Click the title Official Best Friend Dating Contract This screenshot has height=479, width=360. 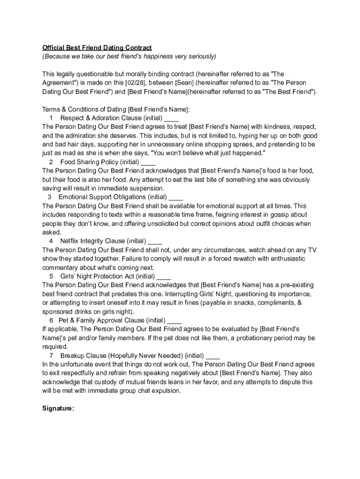tap(97, 48)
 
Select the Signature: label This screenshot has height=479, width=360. tap(58, 408)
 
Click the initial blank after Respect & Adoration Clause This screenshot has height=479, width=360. tap(172, 118)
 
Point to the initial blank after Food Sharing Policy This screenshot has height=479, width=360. tap(148, 162)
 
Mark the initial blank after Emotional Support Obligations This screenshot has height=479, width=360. tap(175, 197)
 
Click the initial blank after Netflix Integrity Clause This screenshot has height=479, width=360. tap(155, 241)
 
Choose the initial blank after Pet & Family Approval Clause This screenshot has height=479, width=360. tap(174, 320)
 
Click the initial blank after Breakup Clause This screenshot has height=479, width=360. tap(213, 356)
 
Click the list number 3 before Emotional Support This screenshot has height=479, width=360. tap(49, 197)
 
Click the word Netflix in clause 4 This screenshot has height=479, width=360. tap(70, 241)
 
